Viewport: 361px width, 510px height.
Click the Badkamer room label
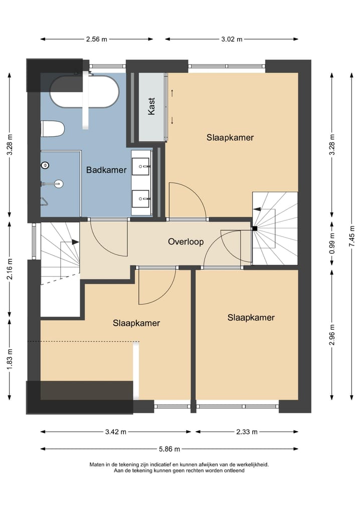point(106,170)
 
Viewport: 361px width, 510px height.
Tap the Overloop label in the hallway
point(186,241)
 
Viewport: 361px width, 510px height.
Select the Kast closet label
point(151,106)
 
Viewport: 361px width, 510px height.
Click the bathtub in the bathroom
point(85,92)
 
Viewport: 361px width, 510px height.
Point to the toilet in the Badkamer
point(53,129)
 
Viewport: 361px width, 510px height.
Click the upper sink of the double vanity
point(140,166)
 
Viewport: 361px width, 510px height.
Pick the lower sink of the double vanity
point(140,198)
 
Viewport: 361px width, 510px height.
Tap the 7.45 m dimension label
point(352,236)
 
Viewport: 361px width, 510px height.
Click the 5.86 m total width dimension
point(169,449)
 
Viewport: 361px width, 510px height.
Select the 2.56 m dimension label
point(96,40)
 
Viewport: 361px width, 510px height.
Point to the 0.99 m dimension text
point(332,243)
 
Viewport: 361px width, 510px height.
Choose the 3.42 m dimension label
point(115,432)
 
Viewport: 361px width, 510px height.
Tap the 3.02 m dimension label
point(232,40)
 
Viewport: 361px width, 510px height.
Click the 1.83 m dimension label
point(10,359)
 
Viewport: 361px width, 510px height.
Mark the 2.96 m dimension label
point(332,335)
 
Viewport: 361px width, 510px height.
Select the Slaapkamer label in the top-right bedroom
point(230,137)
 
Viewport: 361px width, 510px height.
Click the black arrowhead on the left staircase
point(75,242)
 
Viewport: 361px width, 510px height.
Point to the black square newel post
point(255,228)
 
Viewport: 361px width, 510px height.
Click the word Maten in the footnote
point(97,465)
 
